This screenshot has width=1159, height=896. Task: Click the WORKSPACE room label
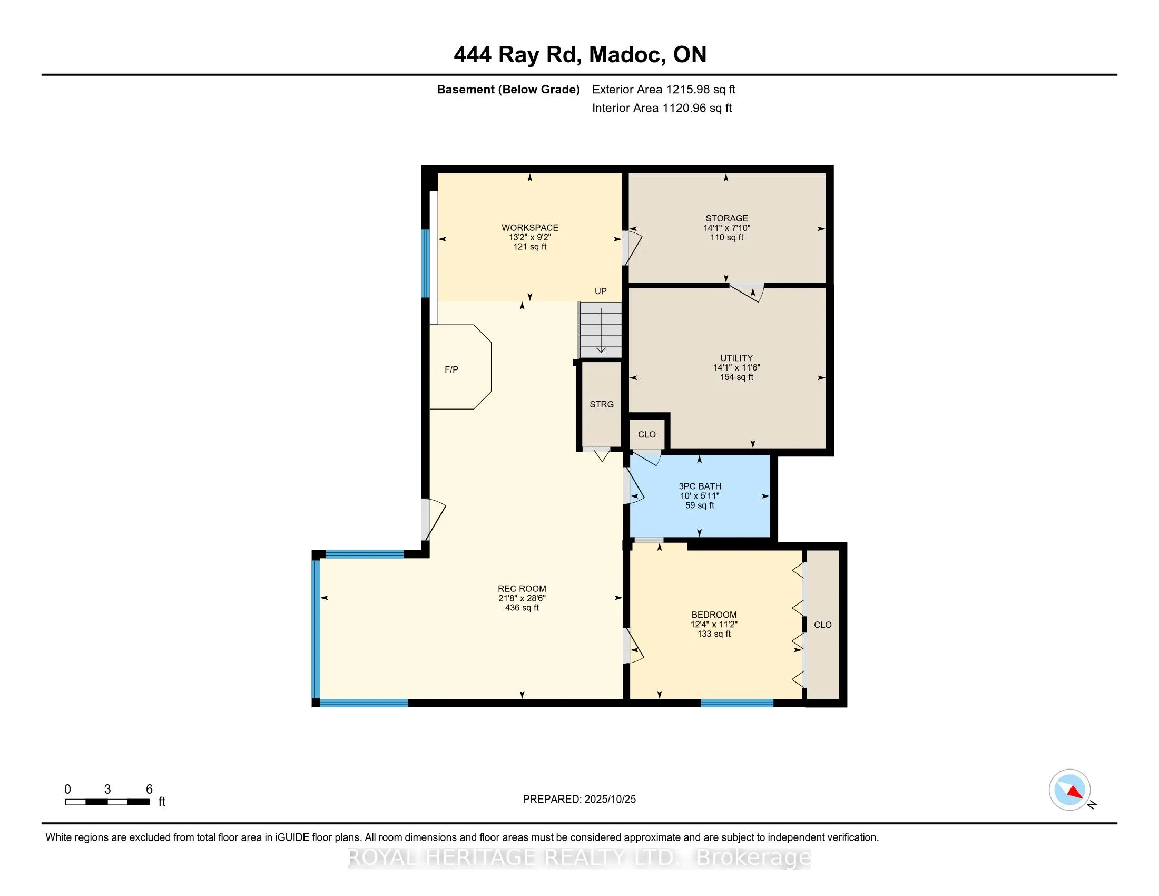(529, 228)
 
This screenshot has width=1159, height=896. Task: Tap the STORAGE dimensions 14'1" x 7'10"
(726, 228)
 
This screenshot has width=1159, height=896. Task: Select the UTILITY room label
(736, 358)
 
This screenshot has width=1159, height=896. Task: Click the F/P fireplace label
(451, 369)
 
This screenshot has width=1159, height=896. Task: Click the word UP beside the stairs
(600, 291)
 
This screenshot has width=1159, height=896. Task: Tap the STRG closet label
(601, 404)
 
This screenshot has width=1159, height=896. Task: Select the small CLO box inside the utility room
(646, 434)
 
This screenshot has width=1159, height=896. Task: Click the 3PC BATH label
(700, 486)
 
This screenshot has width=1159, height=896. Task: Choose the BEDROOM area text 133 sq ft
(714, 634)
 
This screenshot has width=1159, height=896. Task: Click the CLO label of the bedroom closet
(822, 625)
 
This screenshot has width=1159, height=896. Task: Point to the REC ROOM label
(522, 588)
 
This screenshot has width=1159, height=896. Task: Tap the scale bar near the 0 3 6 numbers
(107, 802)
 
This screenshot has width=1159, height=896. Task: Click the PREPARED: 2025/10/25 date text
(579, 799)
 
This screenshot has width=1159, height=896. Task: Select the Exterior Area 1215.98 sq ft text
(663, 89)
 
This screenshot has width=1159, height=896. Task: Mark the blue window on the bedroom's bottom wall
(736, 703)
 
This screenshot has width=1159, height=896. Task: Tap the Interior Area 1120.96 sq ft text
(662, 108)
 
